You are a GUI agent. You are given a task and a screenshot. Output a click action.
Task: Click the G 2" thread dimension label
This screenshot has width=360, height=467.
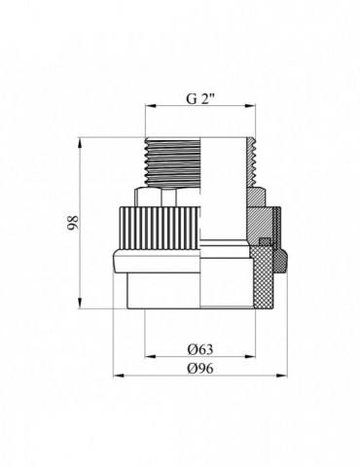[201, 98]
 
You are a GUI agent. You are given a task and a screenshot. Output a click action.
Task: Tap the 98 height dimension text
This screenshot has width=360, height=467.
[73, 223]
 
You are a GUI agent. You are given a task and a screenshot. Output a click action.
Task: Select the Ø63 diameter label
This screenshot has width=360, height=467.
[200, 349]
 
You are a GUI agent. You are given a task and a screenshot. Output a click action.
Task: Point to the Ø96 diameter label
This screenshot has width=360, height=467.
[200, 368]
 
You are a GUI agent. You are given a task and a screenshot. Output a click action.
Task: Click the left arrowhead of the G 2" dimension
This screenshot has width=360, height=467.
[151, 106]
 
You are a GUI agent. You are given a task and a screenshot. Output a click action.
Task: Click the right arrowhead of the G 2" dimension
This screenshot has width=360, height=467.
[250, 106]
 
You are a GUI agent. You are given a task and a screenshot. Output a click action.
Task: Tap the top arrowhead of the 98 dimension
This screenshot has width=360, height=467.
[80, 143]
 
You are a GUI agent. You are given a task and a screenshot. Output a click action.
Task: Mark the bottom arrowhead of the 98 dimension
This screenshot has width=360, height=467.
[80, 304]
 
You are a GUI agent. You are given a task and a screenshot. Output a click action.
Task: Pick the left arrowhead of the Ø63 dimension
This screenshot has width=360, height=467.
[151, 357]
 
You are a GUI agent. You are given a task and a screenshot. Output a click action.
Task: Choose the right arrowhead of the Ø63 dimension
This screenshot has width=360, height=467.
[250, 357]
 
